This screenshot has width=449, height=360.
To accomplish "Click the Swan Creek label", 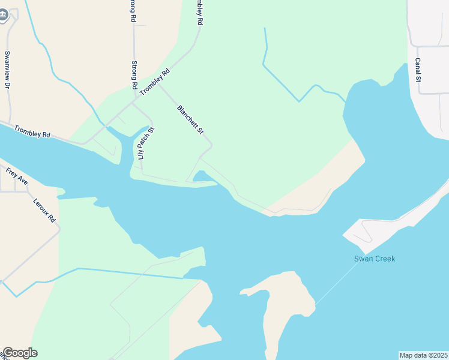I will [374, 259].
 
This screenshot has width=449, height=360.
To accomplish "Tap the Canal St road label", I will [418, 70].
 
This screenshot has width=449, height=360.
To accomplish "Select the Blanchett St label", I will [191, 119].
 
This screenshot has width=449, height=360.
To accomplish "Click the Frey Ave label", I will [17, 175].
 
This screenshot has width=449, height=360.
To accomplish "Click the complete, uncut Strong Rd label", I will [134, 73].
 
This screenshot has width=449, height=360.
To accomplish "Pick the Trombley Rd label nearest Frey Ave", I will [32, 131].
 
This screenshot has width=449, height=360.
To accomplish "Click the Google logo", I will [19, 353].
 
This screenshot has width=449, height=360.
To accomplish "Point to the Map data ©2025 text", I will [423, 355].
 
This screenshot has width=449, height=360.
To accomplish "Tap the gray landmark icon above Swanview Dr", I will [3, 16].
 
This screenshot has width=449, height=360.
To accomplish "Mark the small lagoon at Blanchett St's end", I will [202, 176].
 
